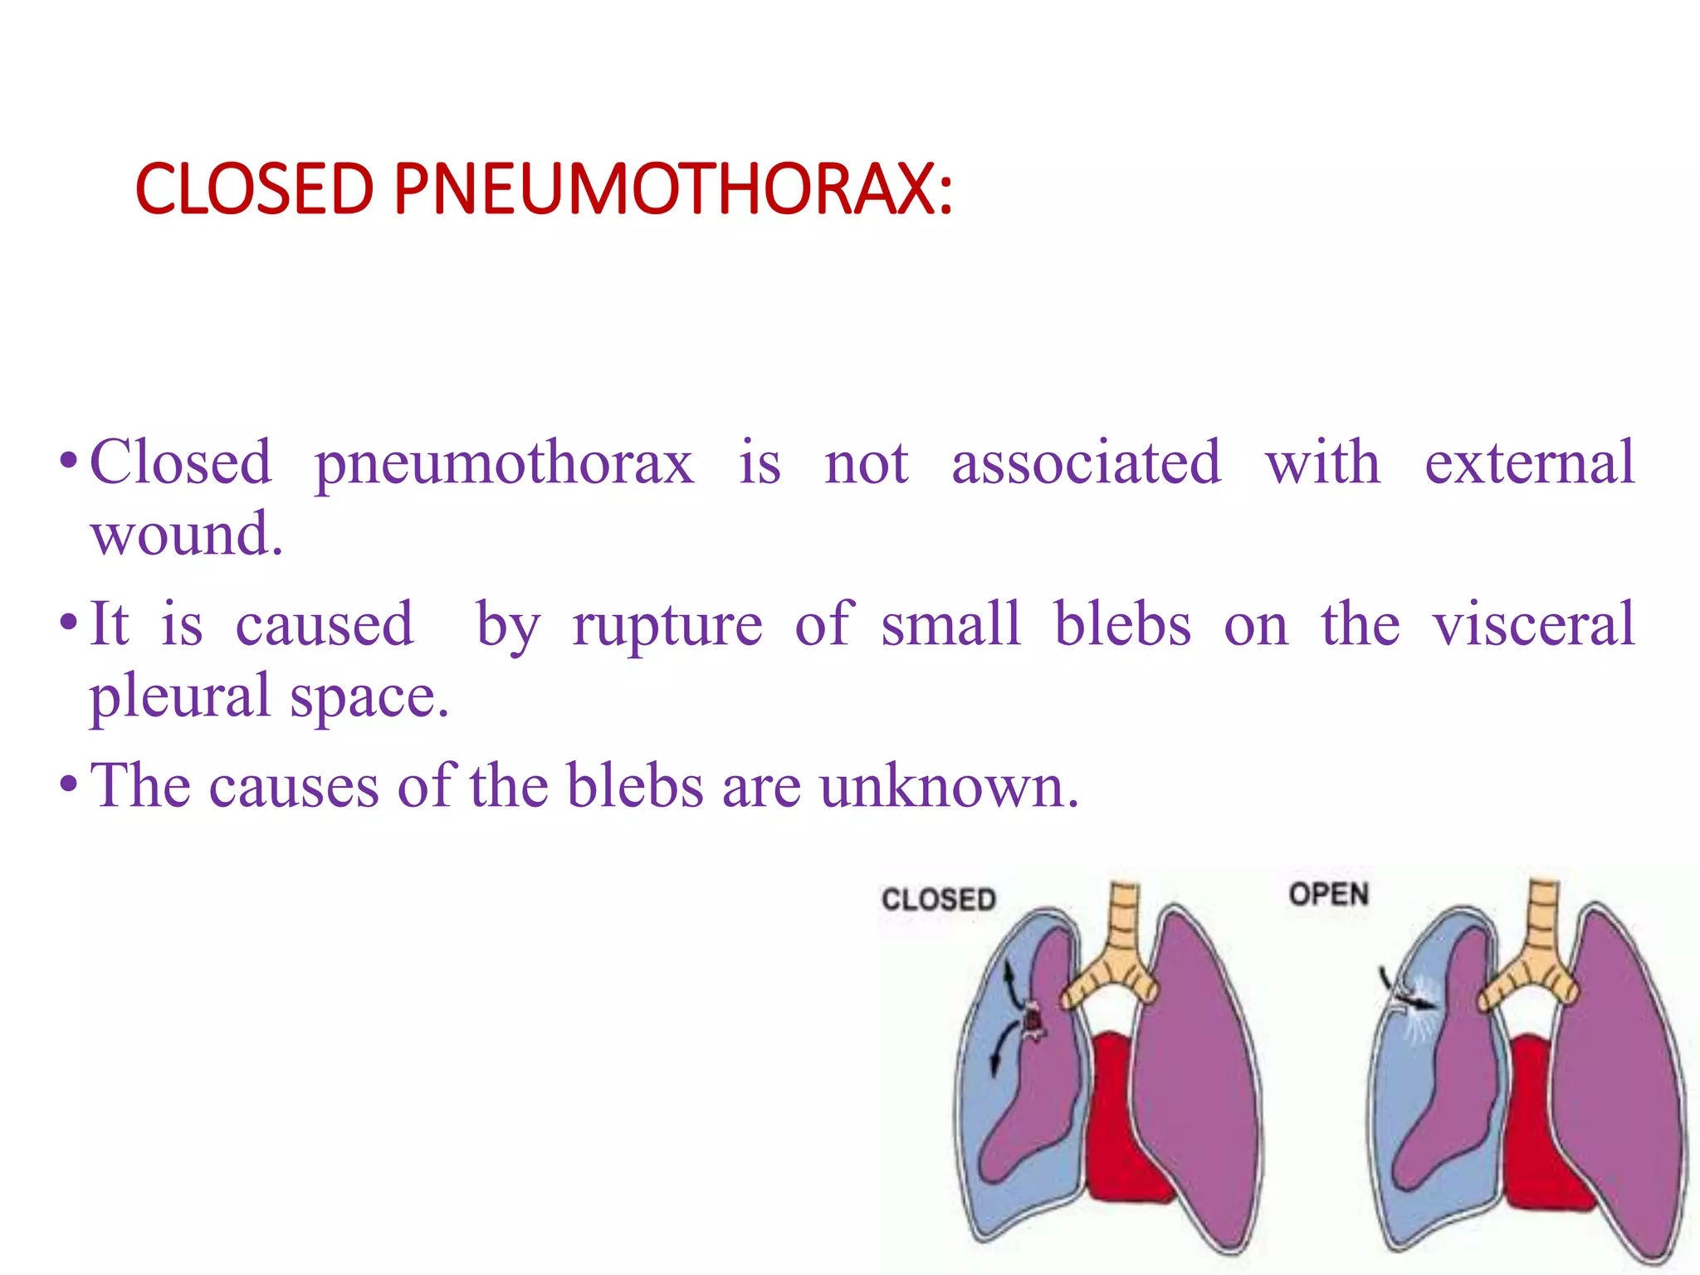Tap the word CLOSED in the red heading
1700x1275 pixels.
255,189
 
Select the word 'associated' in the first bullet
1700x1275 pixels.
1086,462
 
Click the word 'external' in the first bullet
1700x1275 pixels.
1529,462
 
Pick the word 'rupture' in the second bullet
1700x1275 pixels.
667,625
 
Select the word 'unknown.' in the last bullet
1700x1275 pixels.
949,785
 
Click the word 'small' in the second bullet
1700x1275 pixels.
950,624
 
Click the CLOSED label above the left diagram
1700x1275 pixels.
938,900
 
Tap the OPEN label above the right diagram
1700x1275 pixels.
1328,895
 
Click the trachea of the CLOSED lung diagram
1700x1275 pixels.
1125,921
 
